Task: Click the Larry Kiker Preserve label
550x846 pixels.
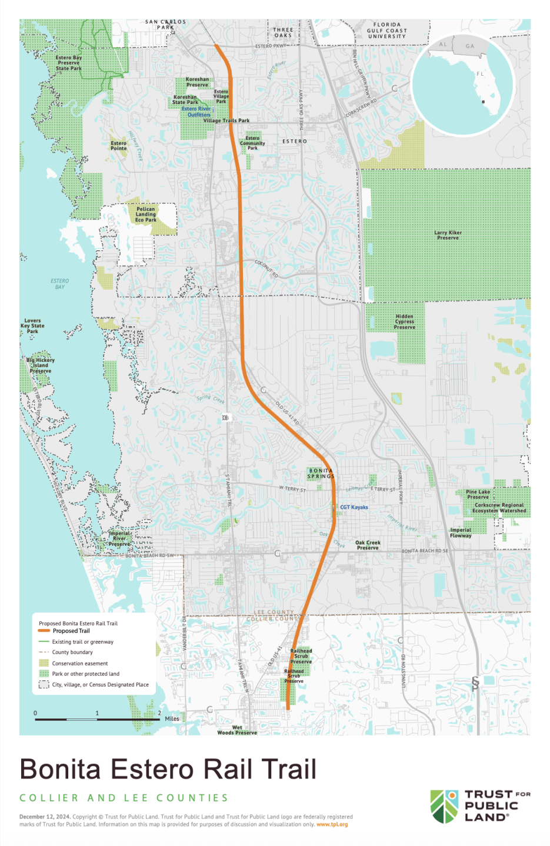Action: point(448,235)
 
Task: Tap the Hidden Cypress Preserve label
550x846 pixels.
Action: point(405,321)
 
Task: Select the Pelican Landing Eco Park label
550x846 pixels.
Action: point(146,214)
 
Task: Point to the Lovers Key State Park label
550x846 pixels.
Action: point(32,326)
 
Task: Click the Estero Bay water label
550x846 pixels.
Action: point(59,284)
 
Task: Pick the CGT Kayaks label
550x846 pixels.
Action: point(354,507)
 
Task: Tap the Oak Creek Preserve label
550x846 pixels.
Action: point(368,545)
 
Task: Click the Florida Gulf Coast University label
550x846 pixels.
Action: point(386,31)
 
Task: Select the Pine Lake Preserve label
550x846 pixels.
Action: point(478,495)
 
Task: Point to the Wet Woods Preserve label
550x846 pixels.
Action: point(237,730)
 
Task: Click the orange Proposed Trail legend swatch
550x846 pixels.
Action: point(44,631)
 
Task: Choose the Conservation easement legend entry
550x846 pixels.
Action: point(79,663)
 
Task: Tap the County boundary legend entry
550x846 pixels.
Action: point(72,652)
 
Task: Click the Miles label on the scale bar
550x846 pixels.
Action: point(172,719)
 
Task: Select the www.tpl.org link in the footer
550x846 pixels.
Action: point(332,824)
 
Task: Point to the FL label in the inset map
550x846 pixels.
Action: point(480,74)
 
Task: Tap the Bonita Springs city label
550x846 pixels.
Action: point(321,474)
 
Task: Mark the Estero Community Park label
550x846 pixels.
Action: point(252,143)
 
